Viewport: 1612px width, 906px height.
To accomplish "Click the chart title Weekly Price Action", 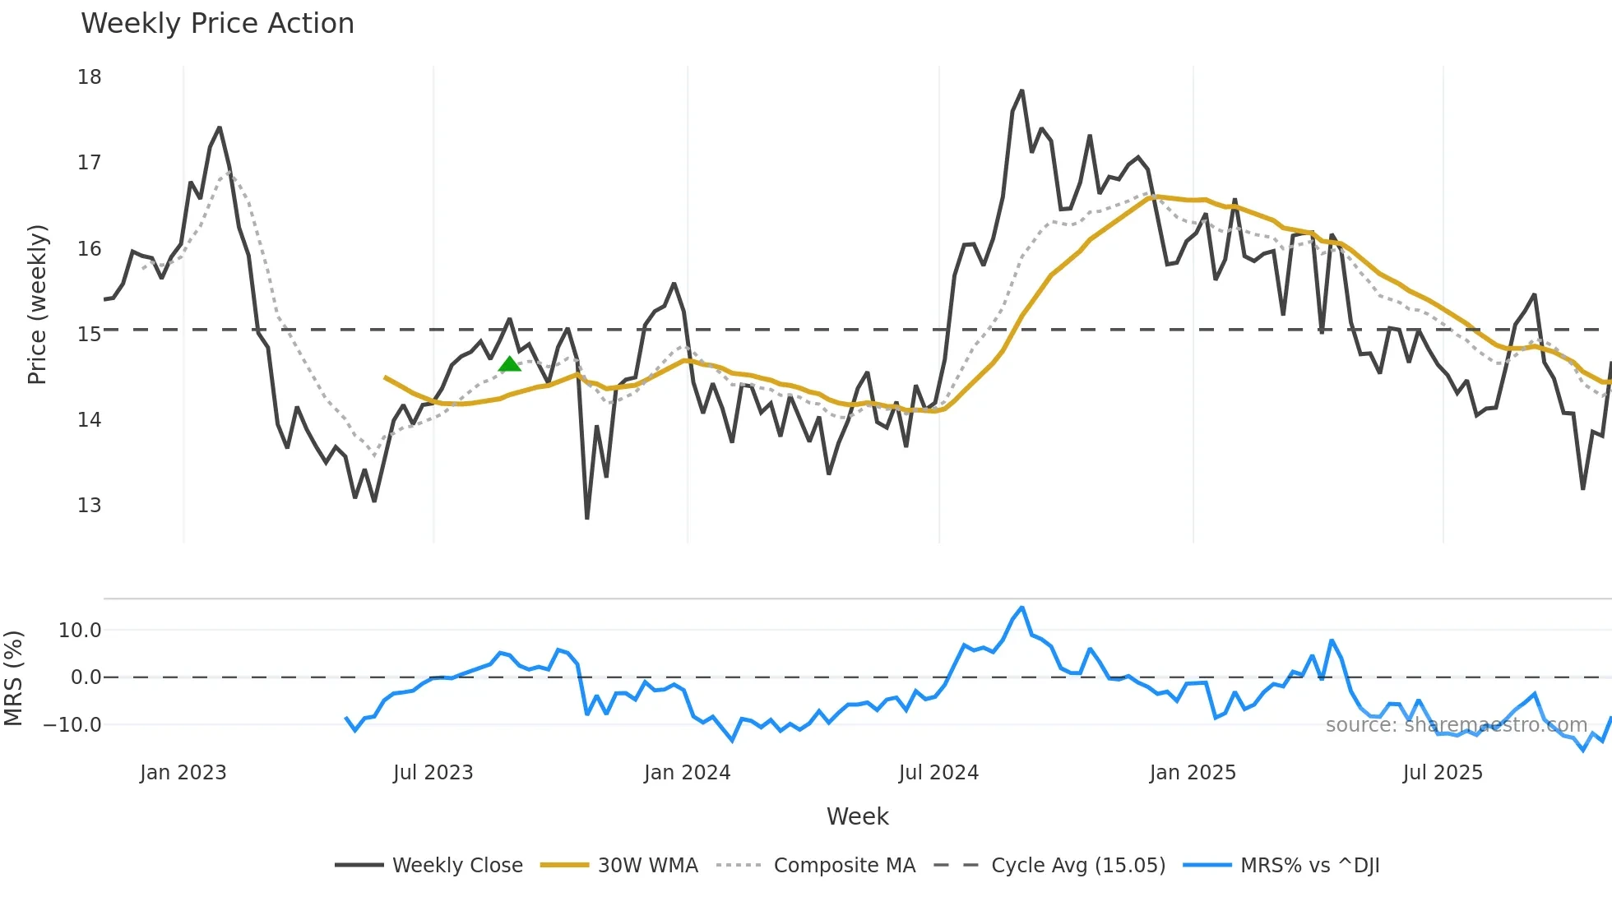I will tap(217, 24).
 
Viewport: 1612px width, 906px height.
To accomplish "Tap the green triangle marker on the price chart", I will tap(510, 364).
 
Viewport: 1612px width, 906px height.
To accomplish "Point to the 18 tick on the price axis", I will tap(90, 77).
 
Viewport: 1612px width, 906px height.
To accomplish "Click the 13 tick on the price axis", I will tap(90, 506).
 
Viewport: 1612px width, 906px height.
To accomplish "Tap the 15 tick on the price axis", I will tap(90, 335).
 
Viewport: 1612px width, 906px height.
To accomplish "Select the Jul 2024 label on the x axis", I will tap(938, 773).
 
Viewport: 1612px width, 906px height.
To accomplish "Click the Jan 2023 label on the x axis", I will tap(183, 773).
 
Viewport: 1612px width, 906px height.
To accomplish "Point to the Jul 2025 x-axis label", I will tap(1443, 773).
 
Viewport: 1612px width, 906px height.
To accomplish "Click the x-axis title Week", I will tap(857, 816).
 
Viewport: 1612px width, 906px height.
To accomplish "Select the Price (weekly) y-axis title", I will tap(38, 304).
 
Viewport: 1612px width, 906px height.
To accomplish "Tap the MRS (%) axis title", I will tap(14, 678).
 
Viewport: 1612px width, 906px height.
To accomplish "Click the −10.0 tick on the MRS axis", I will tap(72, 725).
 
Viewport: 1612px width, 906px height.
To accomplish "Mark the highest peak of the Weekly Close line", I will tap(1022, 90).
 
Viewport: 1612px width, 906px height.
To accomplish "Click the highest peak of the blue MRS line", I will tap(1022, 608).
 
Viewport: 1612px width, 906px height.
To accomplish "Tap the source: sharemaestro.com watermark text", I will tap(1456, 725).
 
